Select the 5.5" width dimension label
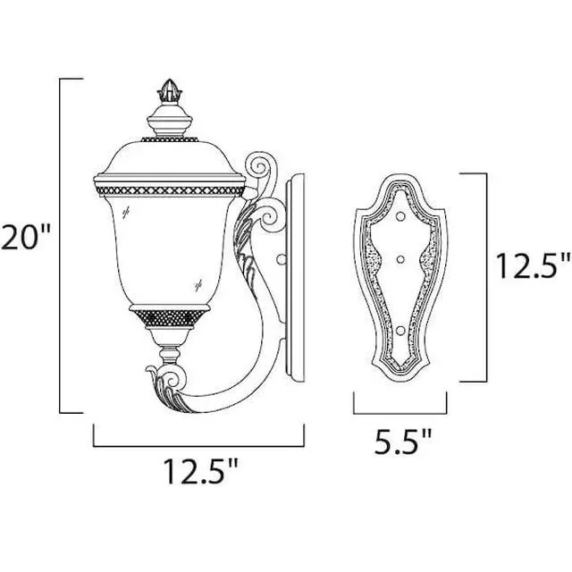click(403, 441)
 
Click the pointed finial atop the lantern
click(170, 91)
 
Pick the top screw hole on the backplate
click(400, 216)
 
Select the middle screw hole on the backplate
click(400, 260)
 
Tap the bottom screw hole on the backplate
click(400, 331)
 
